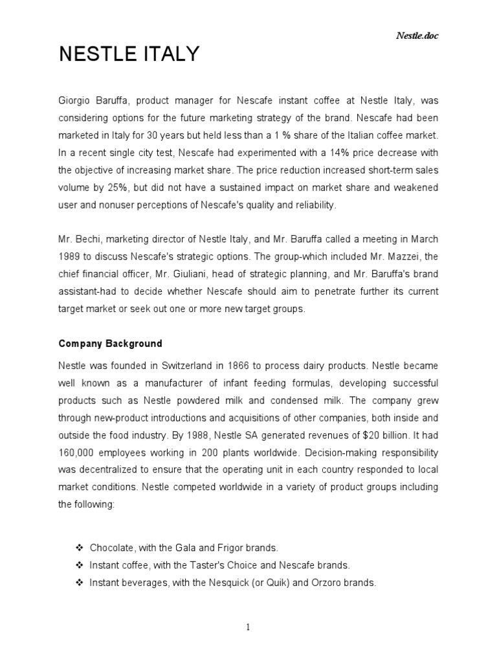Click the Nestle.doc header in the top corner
417,36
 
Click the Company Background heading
110,343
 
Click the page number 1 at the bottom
248,627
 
